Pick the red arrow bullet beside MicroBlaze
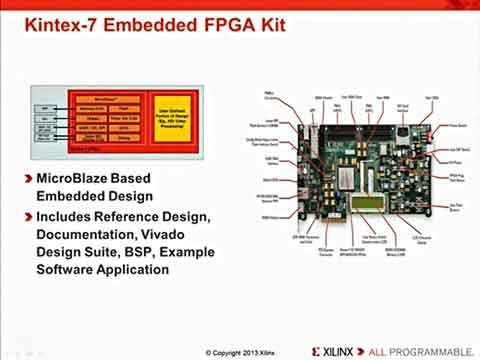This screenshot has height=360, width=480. click(25, 178)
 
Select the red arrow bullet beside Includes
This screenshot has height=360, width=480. click(25, 216)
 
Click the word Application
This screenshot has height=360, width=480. click(144, 270)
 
